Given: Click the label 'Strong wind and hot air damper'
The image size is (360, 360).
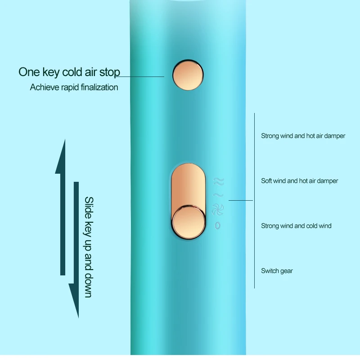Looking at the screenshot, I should [x=303, y=135].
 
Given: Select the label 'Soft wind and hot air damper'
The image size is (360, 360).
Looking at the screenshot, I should [x=299, y=181].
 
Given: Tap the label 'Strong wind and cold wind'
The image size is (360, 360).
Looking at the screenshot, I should [x=296, y=226].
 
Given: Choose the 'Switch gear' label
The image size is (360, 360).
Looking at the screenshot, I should [x=277, y=271].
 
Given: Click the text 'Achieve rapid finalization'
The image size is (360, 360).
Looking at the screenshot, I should [x=74, y=87].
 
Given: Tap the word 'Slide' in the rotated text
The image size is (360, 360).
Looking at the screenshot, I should [x=89, y=208].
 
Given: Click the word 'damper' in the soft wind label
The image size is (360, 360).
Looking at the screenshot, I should [x=328, y=181].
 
